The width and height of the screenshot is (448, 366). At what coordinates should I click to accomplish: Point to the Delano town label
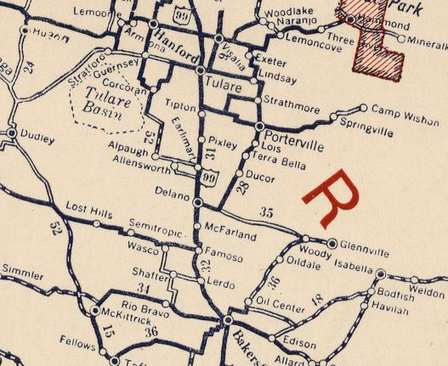pos(173,194)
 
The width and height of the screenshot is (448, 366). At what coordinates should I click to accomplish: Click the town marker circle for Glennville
pos(332,243)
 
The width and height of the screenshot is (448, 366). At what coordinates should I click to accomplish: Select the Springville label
pos(366,132)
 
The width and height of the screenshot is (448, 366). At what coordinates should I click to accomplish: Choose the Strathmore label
pos(292,110)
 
